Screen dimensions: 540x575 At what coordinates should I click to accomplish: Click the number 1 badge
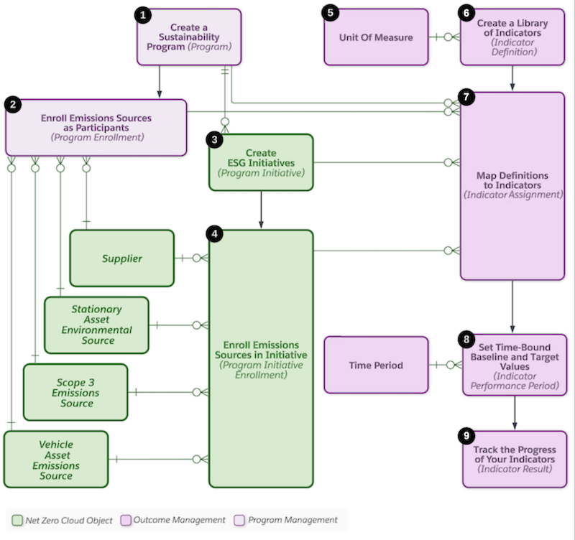[144, 14]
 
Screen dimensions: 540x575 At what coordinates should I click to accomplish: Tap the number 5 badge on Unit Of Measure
[331, 14]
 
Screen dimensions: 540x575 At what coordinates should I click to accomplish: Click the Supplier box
[121, 259]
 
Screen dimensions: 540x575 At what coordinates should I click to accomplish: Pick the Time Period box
[375, 366]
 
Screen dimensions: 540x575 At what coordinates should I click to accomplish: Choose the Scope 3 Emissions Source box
[75, 392]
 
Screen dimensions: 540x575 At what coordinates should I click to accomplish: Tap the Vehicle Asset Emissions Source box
[56, 460]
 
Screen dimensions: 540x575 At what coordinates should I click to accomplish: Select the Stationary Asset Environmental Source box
[96, 325]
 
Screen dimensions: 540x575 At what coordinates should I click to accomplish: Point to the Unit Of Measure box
[375, 37]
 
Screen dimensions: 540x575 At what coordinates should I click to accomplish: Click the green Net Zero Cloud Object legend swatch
[17, 520]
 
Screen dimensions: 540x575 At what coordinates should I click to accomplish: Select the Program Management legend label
[293, 520]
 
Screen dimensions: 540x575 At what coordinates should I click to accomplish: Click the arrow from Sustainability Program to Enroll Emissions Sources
[159, 82]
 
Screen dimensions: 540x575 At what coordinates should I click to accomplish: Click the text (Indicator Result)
[513, 469]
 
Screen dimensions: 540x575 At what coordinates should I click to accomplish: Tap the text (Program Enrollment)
[96, 136]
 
